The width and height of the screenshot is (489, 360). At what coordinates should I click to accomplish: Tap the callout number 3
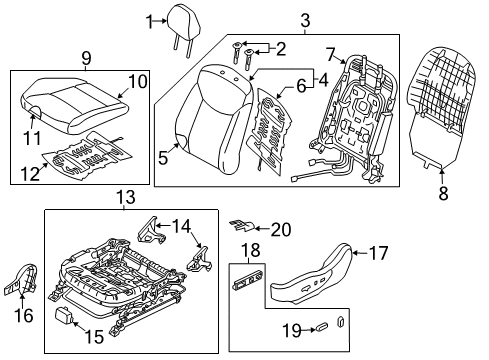(x=277, y=19)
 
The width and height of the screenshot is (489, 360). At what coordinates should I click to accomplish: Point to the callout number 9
(x=86, y=58)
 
